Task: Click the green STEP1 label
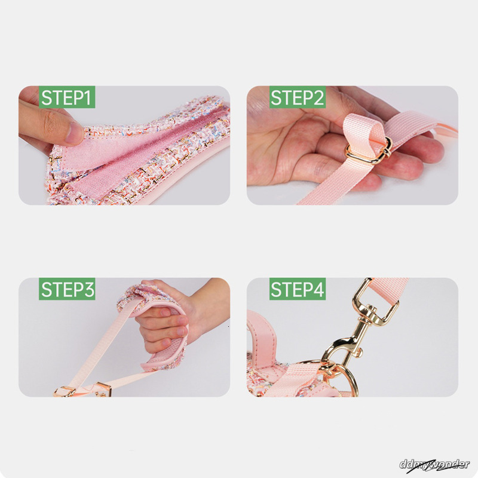tap(67, 97)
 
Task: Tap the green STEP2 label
tap(297, 97)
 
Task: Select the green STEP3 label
tap(67, 289)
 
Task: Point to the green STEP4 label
tap(297, 289)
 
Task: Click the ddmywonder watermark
tap(434, 465)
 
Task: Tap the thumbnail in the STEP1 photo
tap(74, 133)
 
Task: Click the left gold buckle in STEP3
tap(65, 391)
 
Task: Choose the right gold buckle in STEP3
tap(103, 390)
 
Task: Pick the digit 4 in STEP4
tap(318, 289)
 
